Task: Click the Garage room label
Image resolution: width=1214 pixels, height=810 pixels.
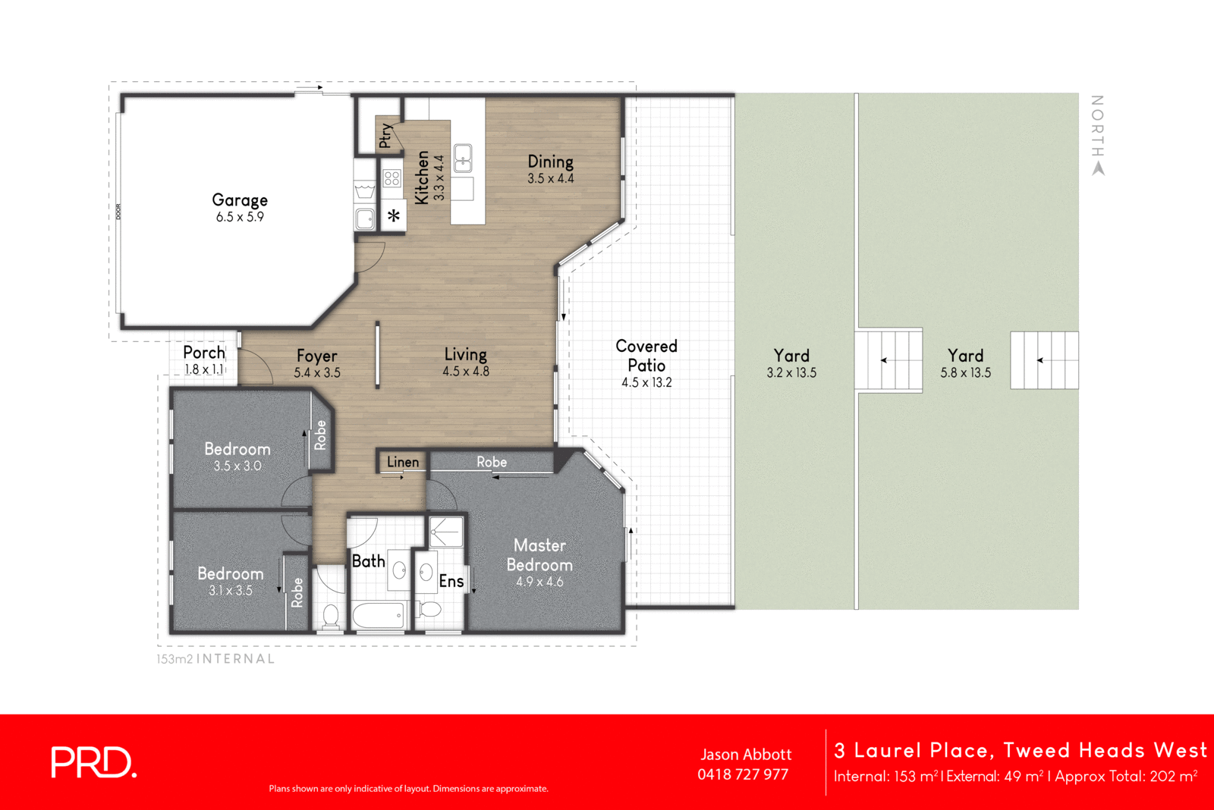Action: coord(240,200)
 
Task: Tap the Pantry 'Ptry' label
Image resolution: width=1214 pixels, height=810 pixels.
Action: coord(385,135)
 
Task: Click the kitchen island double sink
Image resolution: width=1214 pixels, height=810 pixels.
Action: coord(463,158)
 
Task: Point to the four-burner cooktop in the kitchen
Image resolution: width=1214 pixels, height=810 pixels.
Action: coord(392,179)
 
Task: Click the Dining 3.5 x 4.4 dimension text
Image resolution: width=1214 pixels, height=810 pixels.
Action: coord(551,179)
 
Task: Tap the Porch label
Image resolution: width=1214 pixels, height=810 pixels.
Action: coord(204,353)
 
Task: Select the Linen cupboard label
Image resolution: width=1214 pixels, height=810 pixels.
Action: coord(402,462)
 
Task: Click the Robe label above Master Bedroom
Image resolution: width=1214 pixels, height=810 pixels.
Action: coord(492,462)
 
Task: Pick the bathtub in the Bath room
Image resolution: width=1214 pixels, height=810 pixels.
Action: coord(379,615)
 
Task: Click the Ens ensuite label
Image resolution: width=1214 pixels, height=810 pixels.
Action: coord(451,581)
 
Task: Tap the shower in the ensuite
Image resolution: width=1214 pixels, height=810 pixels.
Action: coord(446,532)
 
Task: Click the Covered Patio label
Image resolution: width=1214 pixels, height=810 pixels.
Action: coord(646,356)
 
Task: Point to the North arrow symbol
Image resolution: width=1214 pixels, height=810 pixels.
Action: coord(1098,169)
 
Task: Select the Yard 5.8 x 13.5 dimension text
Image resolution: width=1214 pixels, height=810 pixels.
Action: coord(965,373)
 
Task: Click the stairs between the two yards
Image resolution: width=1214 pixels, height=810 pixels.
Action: coord(889,359)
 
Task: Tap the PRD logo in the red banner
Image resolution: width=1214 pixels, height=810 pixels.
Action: coord(93,762)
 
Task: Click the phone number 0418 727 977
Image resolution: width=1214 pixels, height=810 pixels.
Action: coord(743,774)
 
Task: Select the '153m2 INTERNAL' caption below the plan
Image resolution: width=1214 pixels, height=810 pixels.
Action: coord(215,659)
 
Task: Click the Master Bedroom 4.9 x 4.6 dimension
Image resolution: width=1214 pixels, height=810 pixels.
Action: coord(539,582)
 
